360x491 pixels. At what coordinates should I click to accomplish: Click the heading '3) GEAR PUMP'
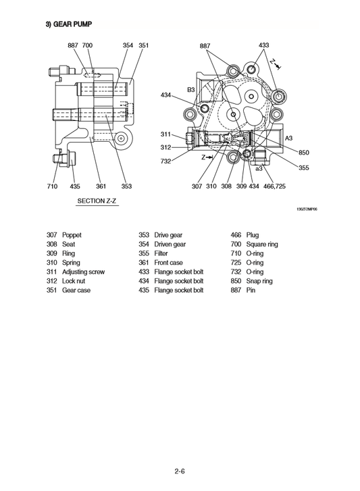tap(68, 24)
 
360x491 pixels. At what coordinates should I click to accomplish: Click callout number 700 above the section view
tap(88, 45)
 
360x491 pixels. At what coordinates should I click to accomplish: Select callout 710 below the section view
tap(52, 185)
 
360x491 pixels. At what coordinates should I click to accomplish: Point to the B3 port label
tap(191, 88)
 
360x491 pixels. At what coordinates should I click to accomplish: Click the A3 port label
tap(288, 138)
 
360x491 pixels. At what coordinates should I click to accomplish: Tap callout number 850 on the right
tap(304, 152)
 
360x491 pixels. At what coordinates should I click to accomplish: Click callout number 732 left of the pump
tap(166, 161)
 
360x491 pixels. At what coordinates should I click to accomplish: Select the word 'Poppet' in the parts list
tap(72, 235)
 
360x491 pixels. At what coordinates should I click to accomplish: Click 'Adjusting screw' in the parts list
tap(84, 272)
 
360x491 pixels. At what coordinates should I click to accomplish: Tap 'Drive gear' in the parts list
tap(169, 235)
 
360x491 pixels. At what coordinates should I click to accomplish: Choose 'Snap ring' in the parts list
tap(260, 281)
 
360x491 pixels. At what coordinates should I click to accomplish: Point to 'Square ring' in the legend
tap(262, 244)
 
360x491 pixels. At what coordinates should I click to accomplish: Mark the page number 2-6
tap(180, 472)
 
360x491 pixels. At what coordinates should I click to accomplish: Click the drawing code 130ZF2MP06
tap(307, 209)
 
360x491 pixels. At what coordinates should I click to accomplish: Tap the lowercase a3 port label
tap(259, 168)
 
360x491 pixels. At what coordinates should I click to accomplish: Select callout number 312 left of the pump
tap(166, 147)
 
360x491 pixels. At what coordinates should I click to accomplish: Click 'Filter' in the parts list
tap(161, 253)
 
